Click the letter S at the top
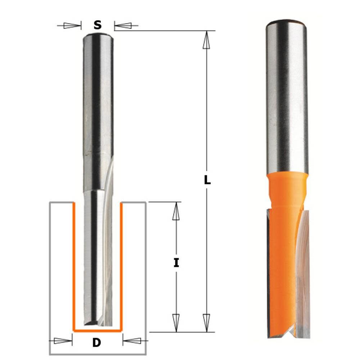coord(97,25)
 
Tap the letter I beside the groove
coord(176,263)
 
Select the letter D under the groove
coord(96,343)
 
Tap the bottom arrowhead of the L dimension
coord(206,322)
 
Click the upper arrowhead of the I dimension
coord(176,211)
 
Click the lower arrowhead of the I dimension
coord(176,322)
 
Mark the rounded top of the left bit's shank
coord(97,36)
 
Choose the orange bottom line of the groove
coord(97,330)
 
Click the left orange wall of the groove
coord(74,266)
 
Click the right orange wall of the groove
coord(121,266)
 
